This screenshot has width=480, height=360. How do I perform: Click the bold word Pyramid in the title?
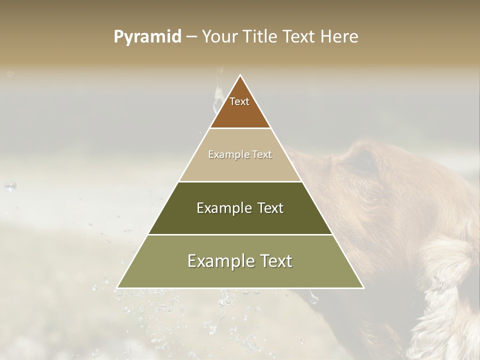point(147,37)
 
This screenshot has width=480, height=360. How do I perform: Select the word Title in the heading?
point(262,37)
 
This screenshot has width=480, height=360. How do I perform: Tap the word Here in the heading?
point(339,37)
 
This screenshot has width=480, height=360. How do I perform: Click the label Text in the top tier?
point(239,101)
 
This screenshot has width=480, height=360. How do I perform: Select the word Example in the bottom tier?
point(218,261)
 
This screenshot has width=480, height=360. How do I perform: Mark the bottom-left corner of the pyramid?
point(117,287)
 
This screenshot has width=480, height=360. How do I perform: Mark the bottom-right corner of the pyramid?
point(363,287)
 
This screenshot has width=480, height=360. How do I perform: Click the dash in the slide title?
point(191,37)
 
